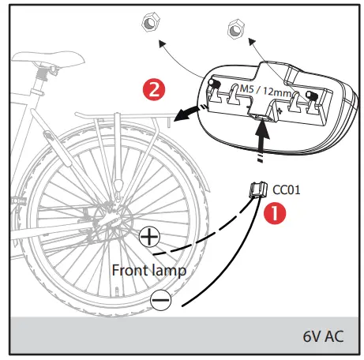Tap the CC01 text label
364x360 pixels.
pyautogui.click(x=287, y=190)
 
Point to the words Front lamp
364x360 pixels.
pyautogui.click(x=149, y=269)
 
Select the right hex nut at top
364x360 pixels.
pyautogui.click(x=235, y=30)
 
